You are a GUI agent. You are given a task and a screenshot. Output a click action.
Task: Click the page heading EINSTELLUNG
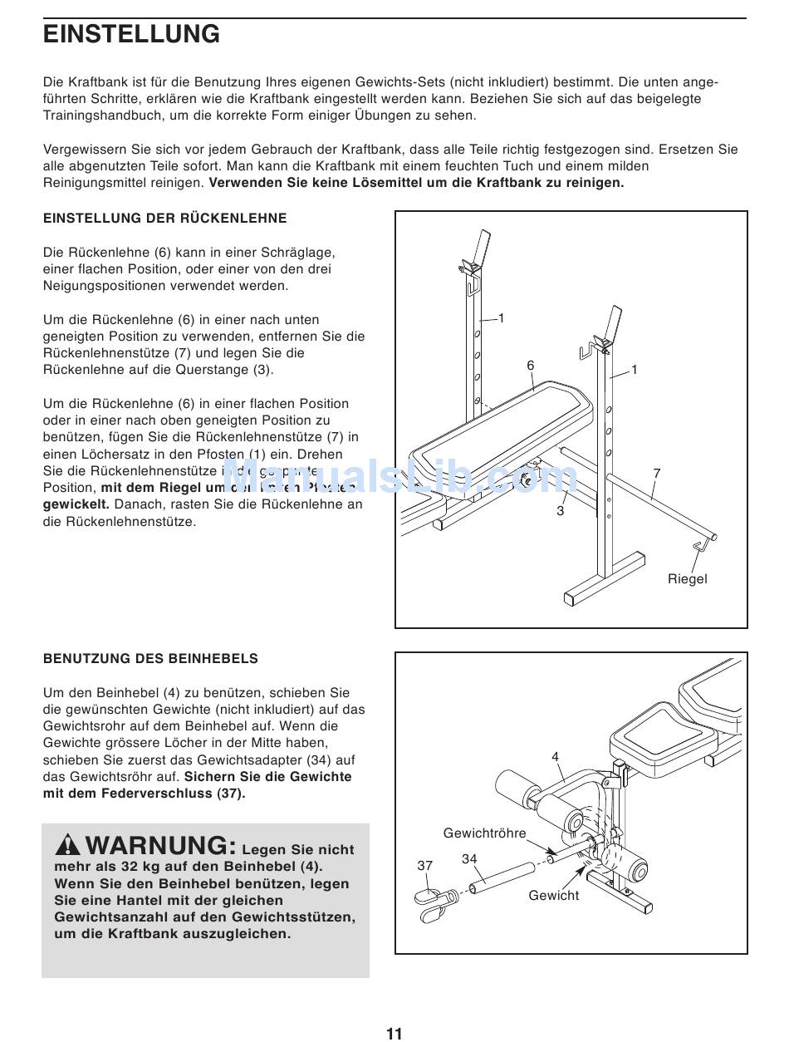(131, 35)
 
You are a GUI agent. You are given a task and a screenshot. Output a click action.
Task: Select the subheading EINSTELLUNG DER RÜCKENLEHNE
(164, 219)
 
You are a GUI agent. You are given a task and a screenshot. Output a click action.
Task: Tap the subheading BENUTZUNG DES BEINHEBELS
(150, 659)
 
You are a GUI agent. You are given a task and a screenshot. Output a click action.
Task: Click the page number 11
(394, 1033)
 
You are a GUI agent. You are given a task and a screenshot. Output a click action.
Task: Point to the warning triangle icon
(68, 846)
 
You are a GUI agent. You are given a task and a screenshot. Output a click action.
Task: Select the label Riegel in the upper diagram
(687, 578)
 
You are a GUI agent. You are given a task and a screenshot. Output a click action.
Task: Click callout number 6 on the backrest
(530, 366)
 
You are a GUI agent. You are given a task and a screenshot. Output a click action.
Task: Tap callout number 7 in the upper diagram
(656, 474)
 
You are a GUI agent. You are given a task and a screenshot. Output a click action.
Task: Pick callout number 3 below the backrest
(560, 511)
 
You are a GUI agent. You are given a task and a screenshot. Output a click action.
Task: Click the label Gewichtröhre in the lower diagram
(484, 833)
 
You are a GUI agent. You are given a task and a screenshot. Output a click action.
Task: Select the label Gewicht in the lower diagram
(554, 895)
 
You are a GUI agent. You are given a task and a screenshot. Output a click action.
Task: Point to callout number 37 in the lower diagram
(425, 866)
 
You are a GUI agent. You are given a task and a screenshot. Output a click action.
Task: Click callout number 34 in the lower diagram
(469, 859)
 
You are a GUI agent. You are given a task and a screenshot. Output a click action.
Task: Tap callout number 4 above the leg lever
(556, 756)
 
